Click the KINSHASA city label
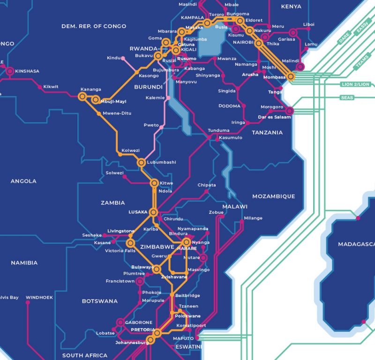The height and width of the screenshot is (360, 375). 27,71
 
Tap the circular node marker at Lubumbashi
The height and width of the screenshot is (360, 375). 141,163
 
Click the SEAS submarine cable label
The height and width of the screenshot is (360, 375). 347,98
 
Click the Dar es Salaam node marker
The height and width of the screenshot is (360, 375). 290,111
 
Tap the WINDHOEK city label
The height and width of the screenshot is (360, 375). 39,297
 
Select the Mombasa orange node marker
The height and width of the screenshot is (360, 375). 291,76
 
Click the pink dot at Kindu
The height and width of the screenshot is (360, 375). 123,59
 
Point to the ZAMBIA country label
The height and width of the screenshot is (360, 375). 113,203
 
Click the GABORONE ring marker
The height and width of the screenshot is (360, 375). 120,322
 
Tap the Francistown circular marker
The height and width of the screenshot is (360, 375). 139,281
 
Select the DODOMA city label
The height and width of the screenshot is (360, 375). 230,106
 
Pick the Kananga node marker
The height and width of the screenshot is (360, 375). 82,97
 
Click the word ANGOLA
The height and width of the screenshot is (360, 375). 23,181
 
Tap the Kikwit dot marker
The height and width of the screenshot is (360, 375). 40,87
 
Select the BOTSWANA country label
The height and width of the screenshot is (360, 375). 100,301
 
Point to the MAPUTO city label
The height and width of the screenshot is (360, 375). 183,338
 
